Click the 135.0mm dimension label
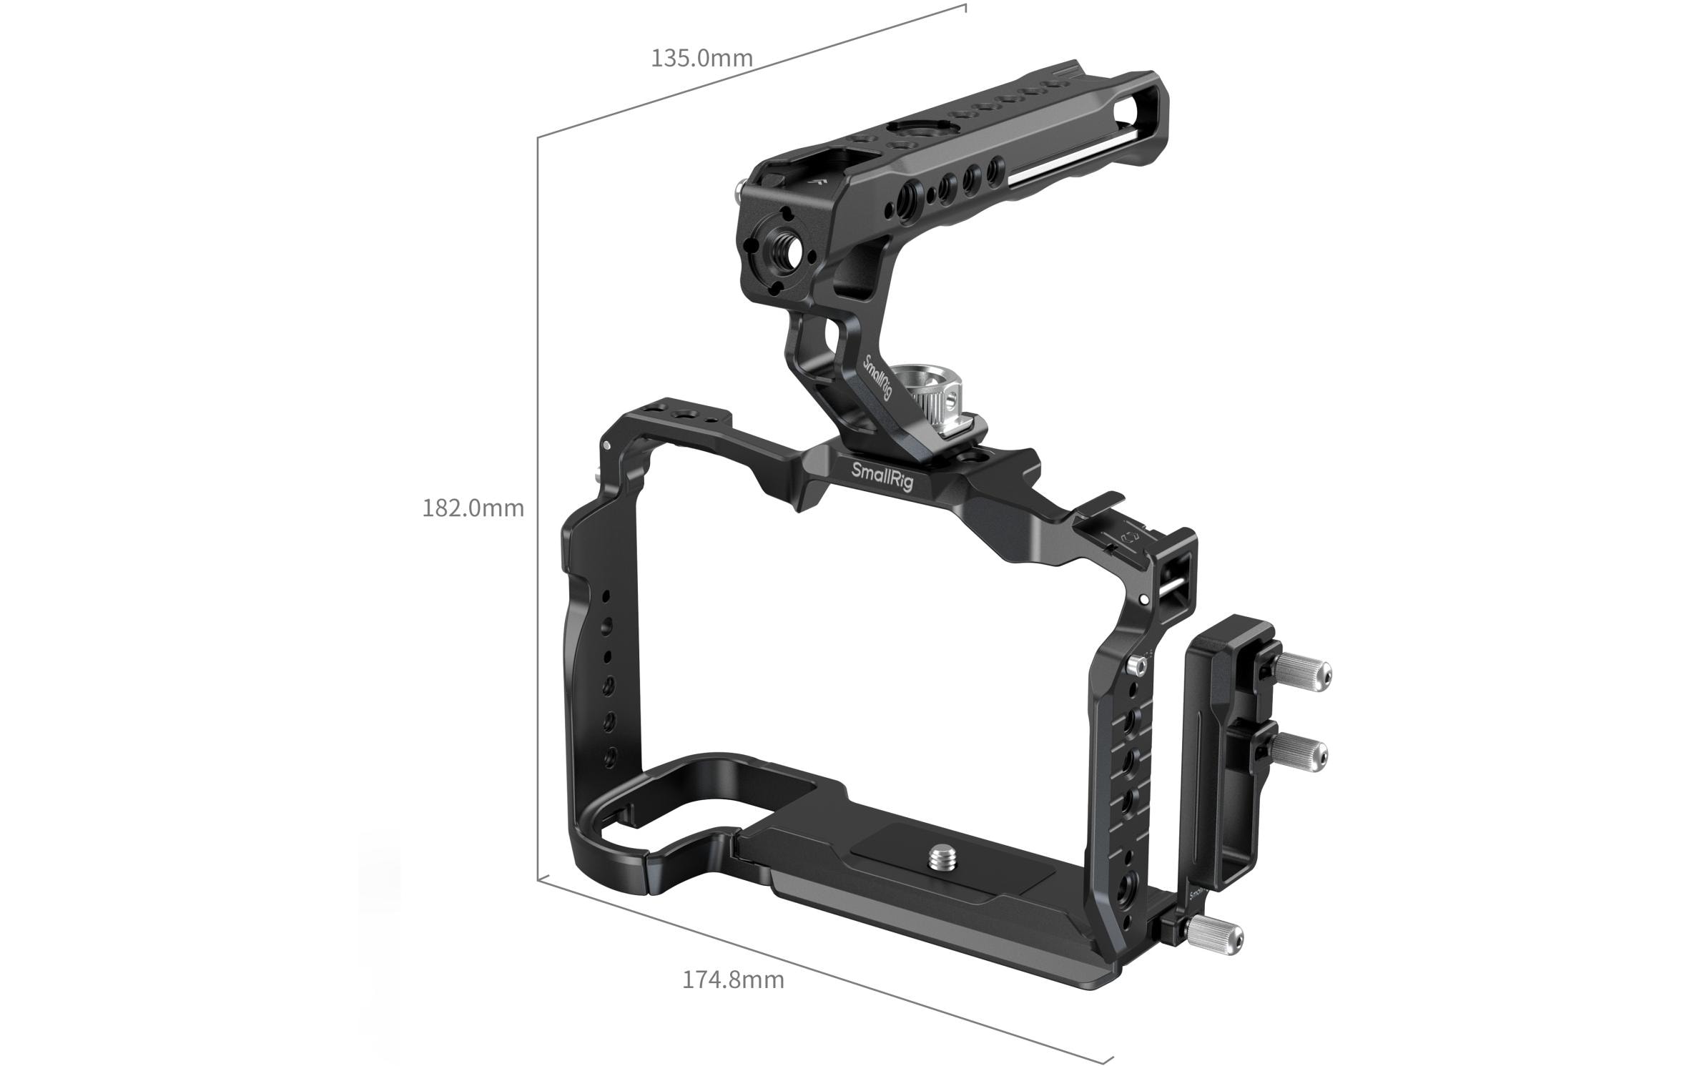[701, 58]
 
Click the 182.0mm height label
[473, 508]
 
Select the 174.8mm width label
[732, 979]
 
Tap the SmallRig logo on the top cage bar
[882, 476]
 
